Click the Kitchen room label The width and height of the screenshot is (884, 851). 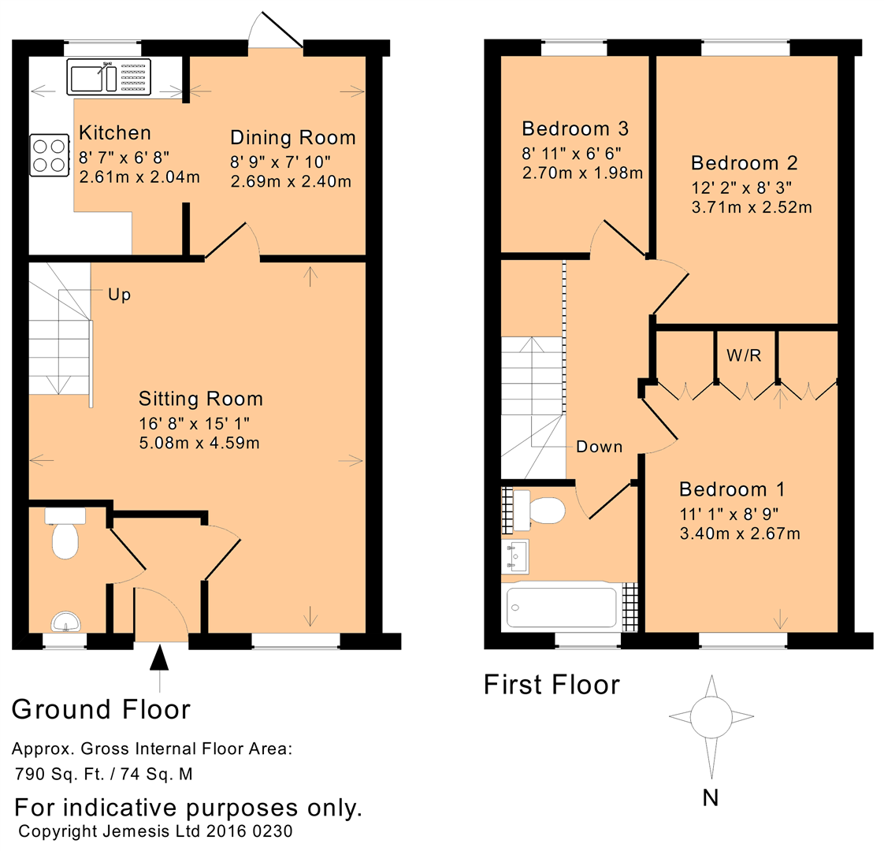(x=114, y=132)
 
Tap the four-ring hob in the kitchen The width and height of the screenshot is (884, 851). (x=49, y=155)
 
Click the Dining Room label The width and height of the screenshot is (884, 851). (x=292, y=138)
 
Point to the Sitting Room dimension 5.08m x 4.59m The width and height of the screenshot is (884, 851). (x=199, y=443)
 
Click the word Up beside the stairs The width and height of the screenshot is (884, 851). (x=119, y=295)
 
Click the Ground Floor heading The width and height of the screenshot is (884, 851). (x=101, y=709)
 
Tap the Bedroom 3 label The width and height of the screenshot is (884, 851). (x=575, y=128)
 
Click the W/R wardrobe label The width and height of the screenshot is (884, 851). (x=743, y=355)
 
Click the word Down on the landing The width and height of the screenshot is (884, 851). (x=599, y=447)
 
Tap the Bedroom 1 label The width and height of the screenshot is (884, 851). (x=732, y=489)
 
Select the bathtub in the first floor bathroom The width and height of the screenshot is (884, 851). (x=561, y=607)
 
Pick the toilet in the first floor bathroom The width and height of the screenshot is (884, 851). (x=544, y=511)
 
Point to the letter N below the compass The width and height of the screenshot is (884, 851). (x=710, y=798)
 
